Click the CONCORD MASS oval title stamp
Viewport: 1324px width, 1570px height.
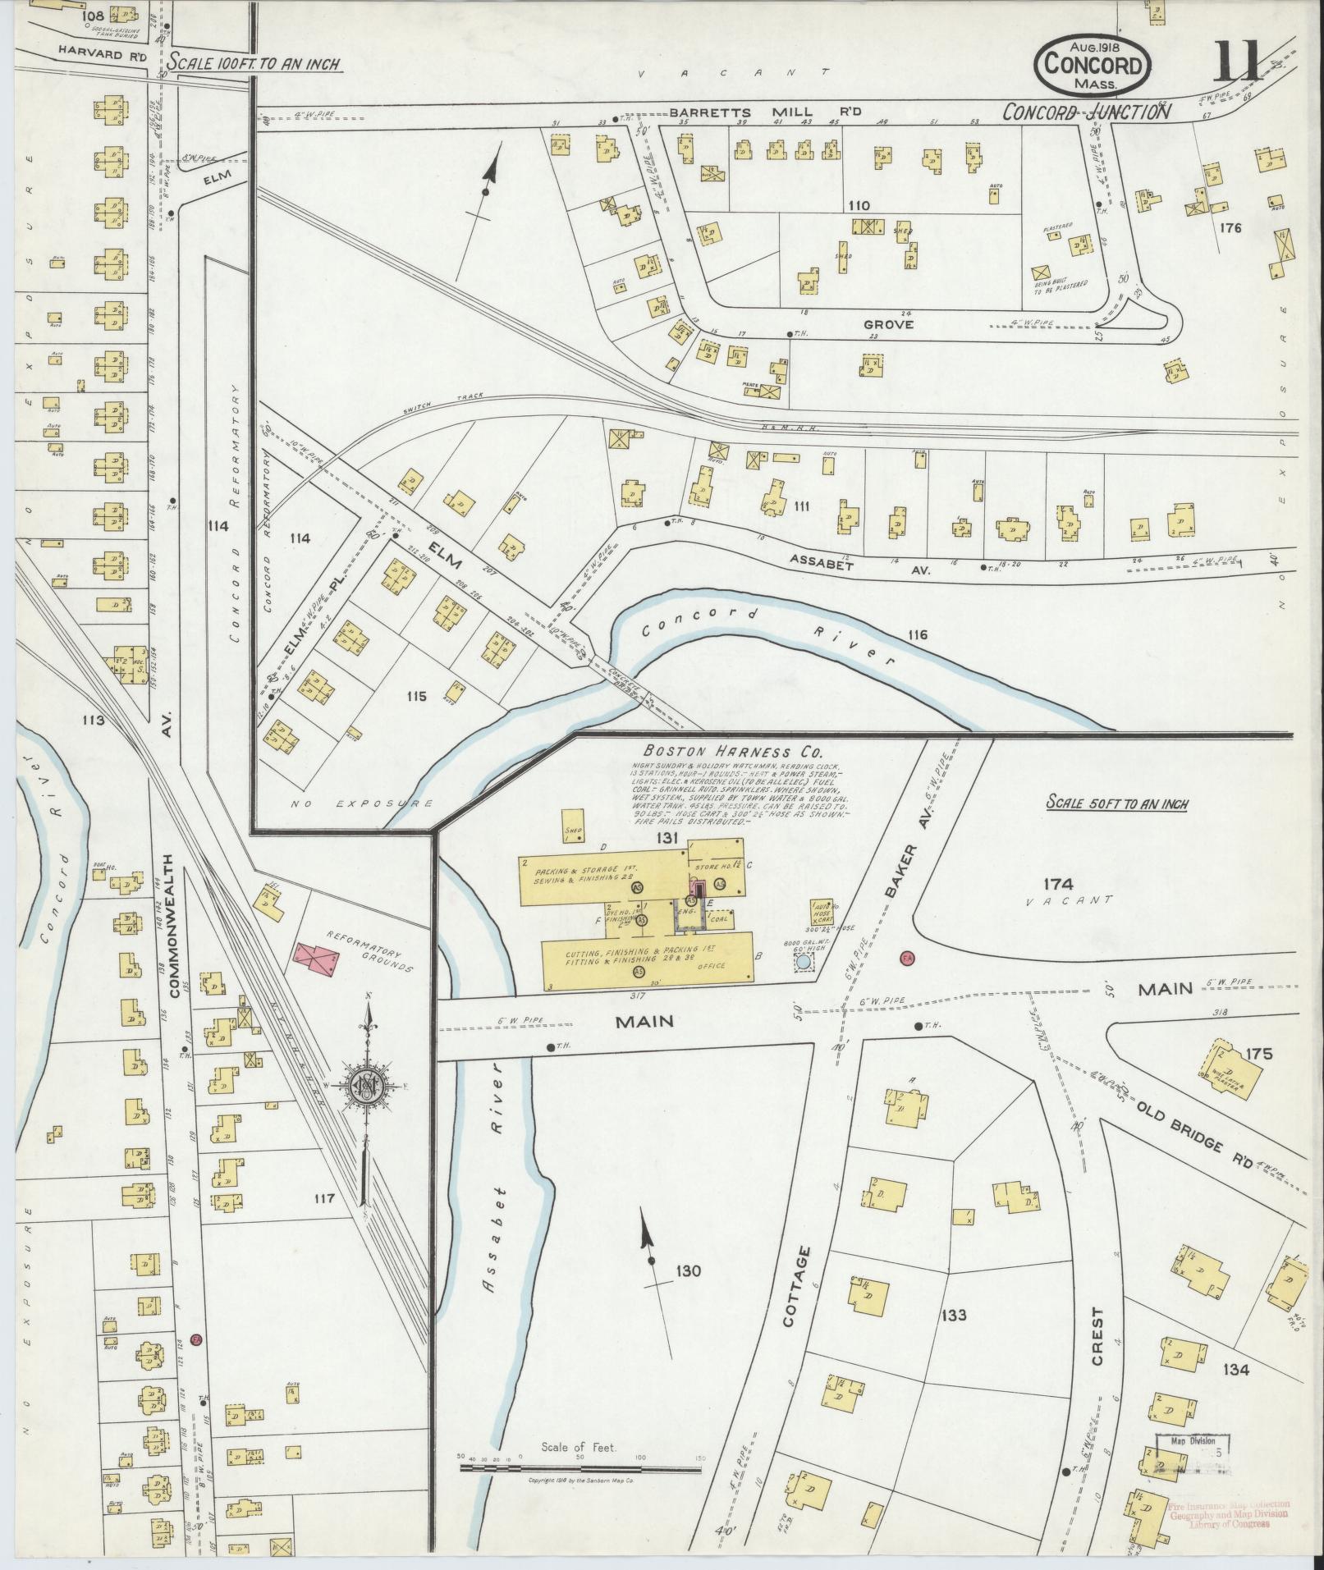pos(1093,67)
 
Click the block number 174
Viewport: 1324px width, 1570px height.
pos(1058,884)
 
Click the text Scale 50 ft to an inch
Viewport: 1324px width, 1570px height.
pos(1117,803)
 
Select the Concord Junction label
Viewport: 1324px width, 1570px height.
pos(1087,112)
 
